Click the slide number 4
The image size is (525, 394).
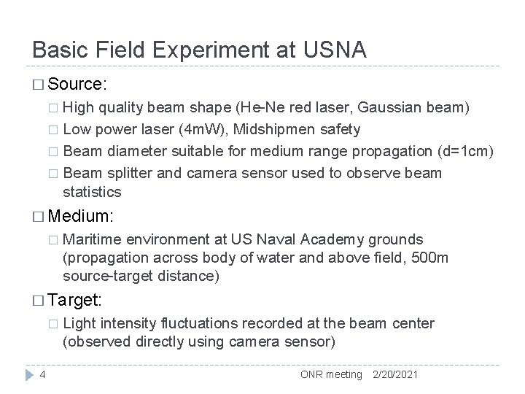click(43, 375)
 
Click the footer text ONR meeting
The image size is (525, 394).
click(331, 374)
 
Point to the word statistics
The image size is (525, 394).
click(93, 193)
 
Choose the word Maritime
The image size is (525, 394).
click(93, 239)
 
